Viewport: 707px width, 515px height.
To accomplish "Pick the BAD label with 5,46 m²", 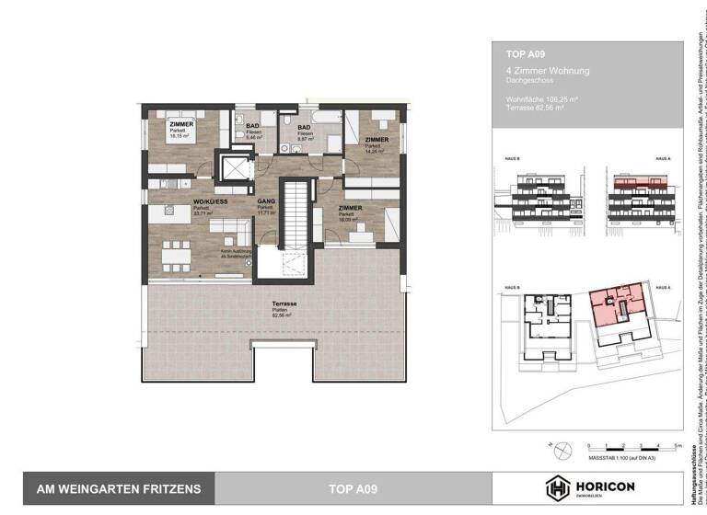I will tap(251, 126).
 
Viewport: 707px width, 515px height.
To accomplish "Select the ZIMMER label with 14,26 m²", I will tap(376, 140).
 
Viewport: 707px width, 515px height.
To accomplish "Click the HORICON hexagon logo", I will tap(559, 488).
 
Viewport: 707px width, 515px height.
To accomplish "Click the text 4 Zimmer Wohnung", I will tap(548, 71).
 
